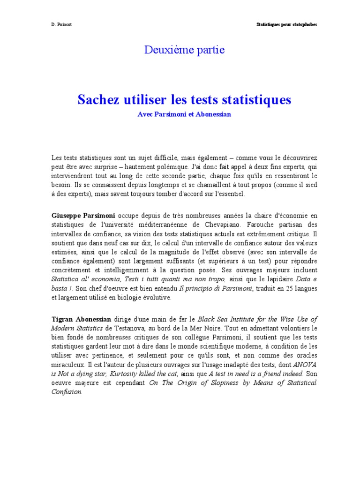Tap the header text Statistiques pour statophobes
click(x=286, y=24)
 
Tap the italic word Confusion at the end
click(x=67, y=392)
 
